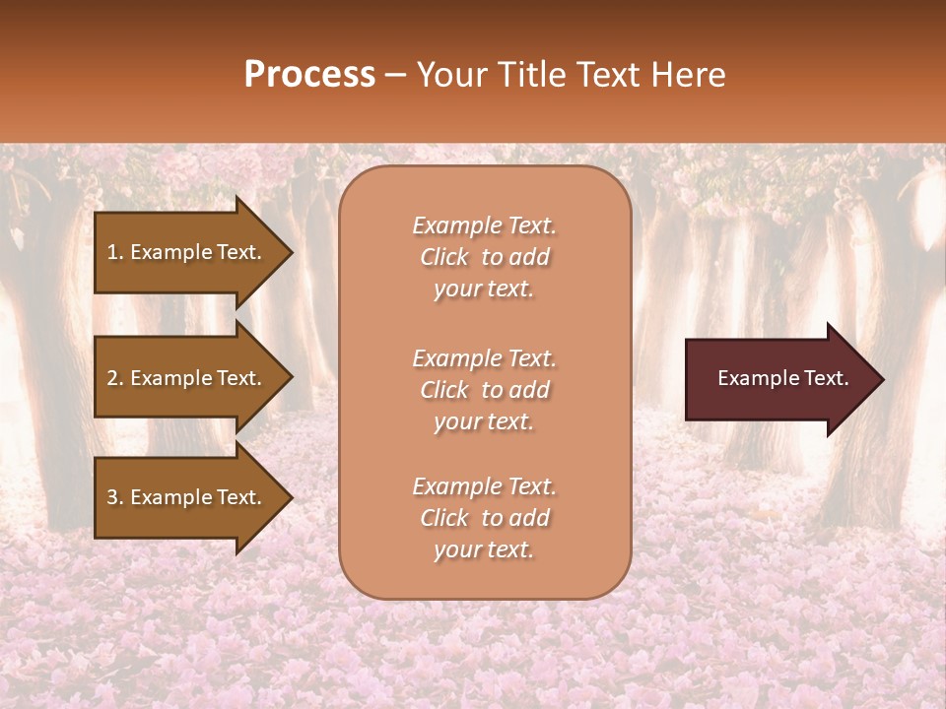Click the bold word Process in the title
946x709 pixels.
tap(309, 75)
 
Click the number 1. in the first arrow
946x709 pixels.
tap(115, 252)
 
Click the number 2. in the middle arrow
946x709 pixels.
tap(115, 378)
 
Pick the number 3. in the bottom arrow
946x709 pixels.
tap(115, 497)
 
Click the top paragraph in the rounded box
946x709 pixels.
tap(484, 257)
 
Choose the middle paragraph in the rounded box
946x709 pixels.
tap(484, 390)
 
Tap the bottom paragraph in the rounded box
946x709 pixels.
tap(484, 518)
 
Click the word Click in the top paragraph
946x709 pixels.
tap(443, 257)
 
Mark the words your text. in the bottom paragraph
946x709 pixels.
tap(484, 549)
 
